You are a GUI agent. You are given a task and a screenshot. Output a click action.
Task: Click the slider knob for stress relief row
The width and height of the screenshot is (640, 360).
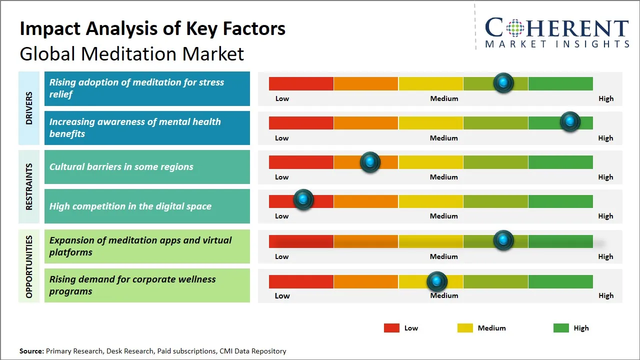click(x=503, y=82)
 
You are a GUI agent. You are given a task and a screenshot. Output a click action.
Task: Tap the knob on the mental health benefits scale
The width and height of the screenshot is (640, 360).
click(x=569, y=121)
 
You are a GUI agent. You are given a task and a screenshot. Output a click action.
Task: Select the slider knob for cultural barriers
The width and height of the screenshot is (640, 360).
click(x=370, y=162)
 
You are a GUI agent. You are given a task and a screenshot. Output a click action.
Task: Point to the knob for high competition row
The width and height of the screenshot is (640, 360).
click(x=303, y=199)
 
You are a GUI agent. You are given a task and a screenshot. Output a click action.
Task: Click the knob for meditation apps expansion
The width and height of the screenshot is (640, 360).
click(x=503, y=240)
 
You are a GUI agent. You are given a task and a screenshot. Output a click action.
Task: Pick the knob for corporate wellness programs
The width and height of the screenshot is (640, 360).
click(x=437, y=281)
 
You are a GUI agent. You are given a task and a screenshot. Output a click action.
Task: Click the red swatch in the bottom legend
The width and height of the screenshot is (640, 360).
click(x=391, y=328)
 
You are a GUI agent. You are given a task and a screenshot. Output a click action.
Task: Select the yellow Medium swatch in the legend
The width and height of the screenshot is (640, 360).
click(x=465, y=328)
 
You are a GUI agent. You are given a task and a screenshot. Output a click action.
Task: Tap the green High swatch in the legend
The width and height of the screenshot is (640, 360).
click(x=561, y=328)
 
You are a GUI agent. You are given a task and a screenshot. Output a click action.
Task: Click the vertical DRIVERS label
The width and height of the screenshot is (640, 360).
click(x=29, y=108)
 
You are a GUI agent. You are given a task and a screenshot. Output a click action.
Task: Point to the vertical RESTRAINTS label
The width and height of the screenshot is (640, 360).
click(x=29, y=186)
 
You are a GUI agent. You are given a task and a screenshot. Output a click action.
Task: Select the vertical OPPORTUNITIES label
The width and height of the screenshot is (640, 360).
click(x=29, y=266)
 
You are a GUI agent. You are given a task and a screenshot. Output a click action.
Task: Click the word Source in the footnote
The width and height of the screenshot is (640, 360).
click(x=31, y=351)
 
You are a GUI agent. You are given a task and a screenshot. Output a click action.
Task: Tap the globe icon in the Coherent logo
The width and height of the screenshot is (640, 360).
click(x=514, y=28)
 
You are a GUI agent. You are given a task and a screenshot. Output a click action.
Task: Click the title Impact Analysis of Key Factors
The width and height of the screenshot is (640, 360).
click(x=152, y=28)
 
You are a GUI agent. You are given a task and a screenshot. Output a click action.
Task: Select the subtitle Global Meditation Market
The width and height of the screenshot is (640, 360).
click(x=132, y=53)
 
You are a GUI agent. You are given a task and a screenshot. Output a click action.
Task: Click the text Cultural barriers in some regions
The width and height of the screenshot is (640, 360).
click(x=121, y=167)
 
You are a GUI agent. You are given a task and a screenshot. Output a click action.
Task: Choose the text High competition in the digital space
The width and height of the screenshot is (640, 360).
click(x=130, y=206)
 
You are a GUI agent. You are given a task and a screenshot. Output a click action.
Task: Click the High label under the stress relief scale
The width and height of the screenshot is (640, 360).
click(x=605, y=98)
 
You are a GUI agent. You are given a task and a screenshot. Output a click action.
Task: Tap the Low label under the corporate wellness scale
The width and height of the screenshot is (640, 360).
click(x=282, y=295)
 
